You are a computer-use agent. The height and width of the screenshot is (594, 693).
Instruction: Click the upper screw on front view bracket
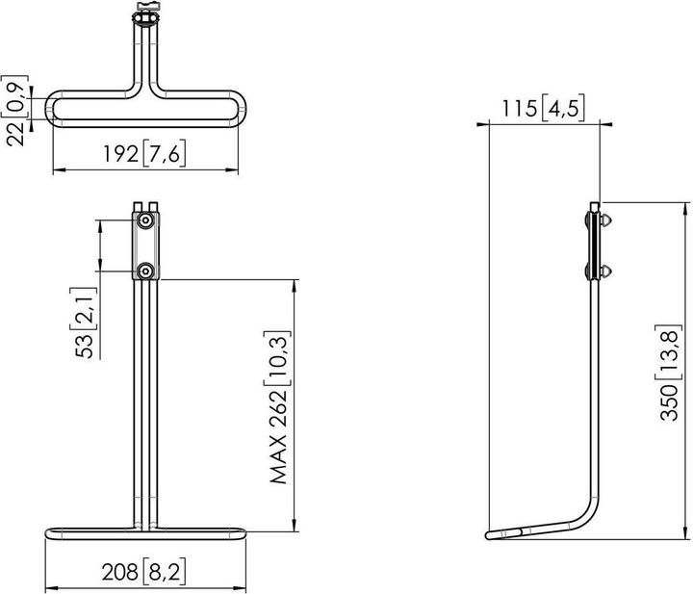[x=144, y=222]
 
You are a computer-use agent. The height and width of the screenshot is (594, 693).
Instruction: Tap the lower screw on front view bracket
[x=144, y=271]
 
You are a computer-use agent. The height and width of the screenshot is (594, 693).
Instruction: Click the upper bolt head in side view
[x=605, y=220]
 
